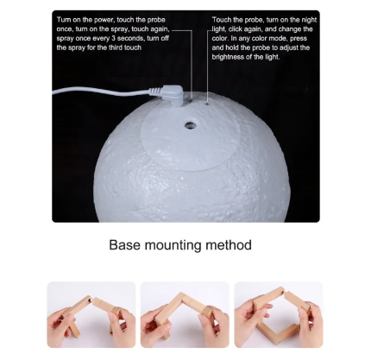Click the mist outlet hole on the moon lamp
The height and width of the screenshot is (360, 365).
(190, 125)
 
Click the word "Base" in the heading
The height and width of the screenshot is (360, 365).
(124, 245)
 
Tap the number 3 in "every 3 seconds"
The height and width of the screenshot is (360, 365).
(113, 38)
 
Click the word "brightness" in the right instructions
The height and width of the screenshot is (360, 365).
(228, 57)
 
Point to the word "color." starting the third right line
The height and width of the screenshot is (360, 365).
(220, 38)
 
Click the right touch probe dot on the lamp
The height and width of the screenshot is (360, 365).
(207, 102)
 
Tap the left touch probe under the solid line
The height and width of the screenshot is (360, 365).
(191, 100)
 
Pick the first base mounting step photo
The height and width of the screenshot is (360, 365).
(91, 314)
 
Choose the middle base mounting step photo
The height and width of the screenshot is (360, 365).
(185, 314)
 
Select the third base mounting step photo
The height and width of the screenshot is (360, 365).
(279, 314)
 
